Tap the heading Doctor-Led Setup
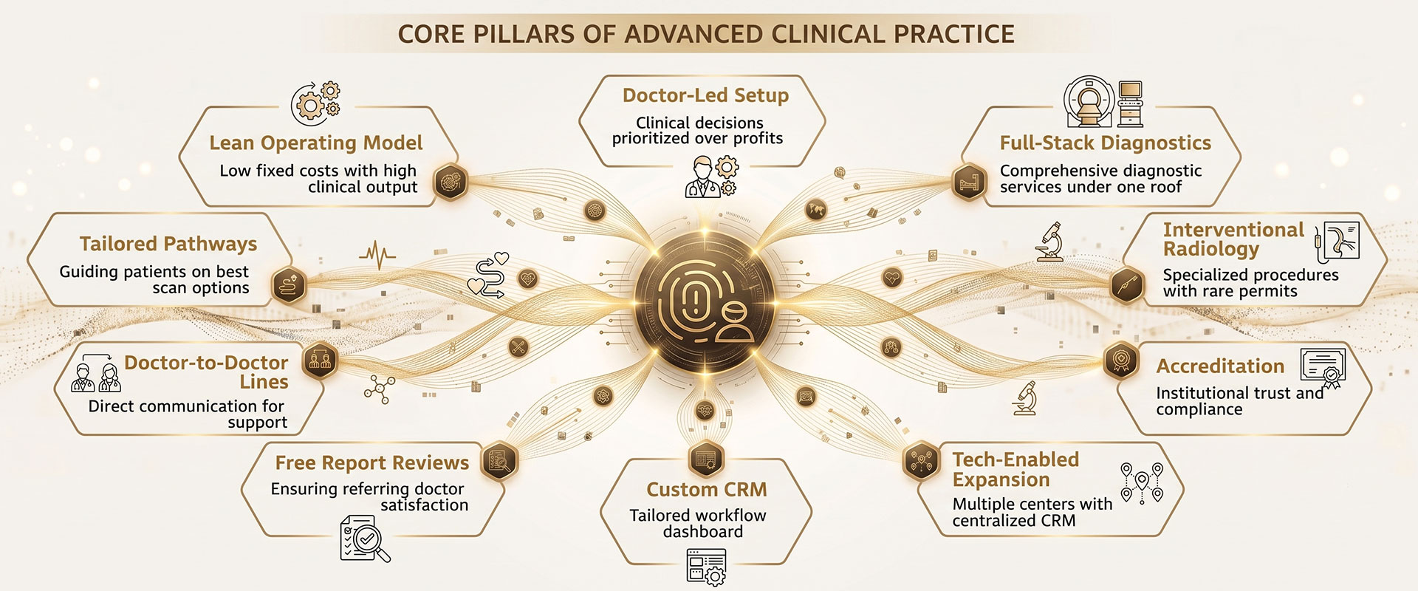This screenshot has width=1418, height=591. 705,95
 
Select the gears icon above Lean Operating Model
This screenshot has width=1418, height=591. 315,103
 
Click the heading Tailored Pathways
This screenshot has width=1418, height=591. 168,244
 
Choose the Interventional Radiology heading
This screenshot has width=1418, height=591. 1233,239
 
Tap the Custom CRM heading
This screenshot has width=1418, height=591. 707,490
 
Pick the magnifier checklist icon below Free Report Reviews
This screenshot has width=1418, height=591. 364,539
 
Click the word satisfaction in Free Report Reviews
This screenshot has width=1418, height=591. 425,505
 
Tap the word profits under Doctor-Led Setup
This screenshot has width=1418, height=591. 755,139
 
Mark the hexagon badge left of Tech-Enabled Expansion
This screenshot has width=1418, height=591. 921,462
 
